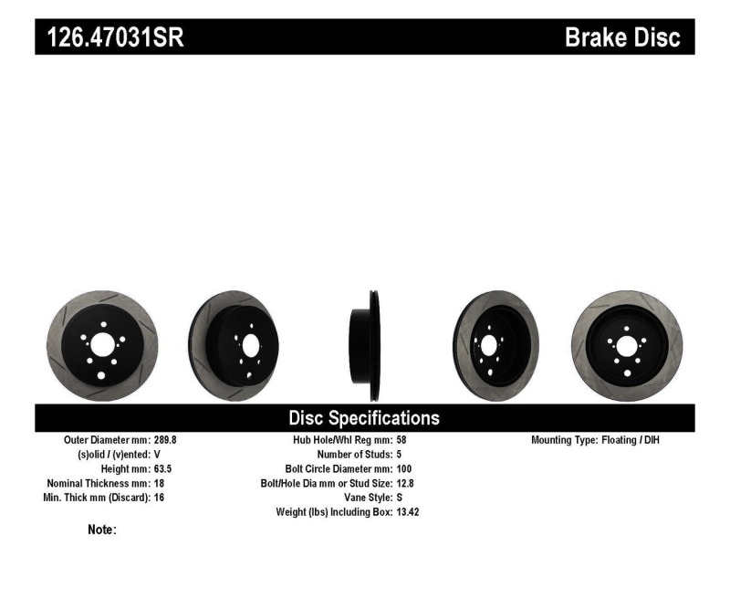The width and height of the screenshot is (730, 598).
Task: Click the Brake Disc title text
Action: point(623,38)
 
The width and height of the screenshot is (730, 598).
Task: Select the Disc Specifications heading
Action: point(364,418)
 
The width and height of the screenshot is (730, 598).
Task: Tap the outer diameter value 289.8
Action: point(165,439)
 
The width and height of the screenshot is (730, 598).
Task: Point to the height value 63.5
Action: point(162,468)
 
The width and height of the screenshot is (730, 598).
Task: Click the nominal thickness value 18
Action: point(159,483)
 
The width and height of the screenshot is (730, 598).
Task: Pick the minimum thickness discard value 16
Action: point(159,498)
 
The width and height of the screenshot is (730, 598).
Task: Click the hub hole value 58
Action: point(402,439)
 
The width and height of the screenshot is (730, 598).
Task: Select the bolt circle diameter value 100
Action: point(405,468)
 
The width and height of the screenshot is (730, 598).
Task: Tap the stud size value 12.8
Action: point(406,483)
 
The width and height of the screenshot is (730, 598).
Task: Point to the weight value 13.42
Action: point(408,512)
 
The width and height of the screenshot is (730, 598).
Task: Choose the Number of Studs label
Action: point(354,454)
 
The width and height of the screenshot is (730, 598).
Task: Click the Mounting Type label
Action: point(564,439)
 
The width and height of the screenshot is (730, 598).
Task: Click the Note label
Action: point(101,530)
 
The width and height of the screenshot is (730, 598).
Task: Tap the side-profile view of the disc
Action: point(365,345)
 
